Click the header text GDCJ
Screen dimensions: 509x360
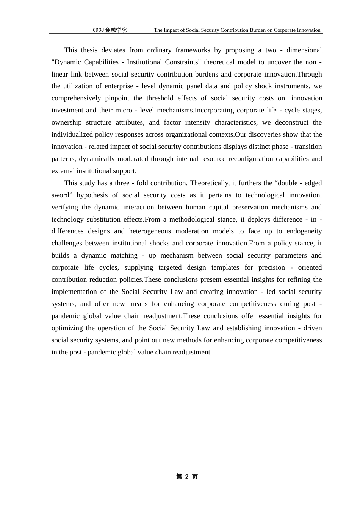click(98, 30)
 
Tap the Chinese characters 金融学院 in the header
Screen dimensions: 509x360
click(116, 30)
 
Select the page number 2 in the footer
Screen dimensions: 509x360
click(186, 476)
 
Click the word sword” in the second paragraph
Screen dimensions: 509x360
click(61, 195)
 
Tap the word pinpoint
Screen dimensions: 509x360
click(117, 98)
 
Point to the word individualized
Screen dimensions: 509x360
click(72, 134)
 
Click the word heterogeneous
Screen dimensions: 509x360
click(150, 231)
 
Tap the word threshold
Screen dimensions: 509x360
click(155, 98)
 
